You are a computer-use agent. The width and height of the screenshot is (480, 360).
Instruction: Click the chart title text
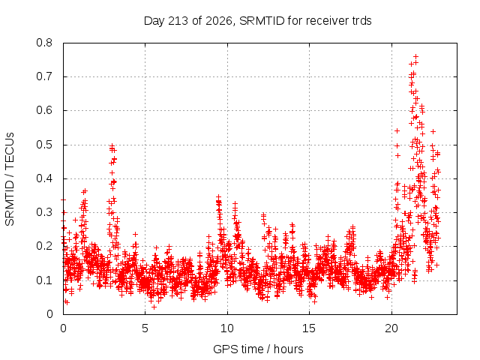pyautogui.click(x=257, y=21)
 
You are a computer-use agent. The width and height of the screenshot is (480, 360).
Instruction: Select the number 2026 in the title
pyautogui.click(x=218, y=21)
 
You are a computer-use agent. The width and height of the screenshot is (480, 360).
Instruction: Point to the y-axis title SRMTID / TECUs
pyautogui.click(x=10, y=179)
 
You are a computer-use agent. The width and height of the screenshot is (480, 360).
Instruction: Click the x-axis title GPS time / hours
pyautogui.click(x=258, y=349)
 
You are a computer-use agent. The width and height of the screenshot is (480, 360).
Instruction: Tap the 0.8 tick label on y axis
pyautogui.click(x=44, y=43)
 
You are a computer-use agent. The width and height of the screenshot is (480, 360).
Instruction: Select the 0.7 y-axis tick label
pyautogui.click(x=44, y=76)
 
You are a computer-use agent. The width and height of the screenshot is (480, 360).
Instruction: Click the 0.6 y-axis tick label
pyautogui.click(x=44, y=110)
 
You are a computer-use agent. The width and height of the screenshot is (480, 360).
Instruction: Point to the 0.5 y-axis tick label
pyautogui.click(x=44, y=145)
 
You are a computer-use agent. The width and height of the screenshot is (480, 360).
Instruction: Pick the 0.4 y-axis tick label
pyautogui.click(x=44, y=178)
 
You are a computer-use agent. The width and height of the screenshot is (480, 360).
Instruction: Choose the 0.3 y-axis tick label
pyautogui.click(x=44, y=212)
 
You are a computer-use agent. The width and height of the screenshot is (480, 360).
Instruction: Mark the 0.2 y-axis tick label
pyautogui.click(x=44, y=246)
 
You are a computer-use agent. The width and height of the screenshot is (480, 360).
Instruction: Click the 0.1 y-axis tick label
pyautogui.click(x=44, y=280)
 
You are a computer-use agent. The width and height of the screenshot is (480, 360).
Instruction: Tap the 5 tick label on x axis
pyautogui.click(x=145, y=328)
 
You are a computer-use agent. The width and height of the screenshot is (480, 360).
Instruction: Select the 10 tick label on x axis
pyautogui.click(x=227, y=328)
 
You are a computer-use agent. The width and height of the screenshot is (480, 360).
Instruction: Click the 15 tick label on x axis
pyautogui.click(x=309, y=328)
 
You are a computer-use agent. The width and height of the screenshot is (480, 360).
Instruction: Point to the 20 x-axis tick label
pyautogui.click(x=391, y=328)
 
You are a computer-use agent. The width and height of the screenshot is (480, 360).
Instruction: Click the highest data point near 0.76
pyautogui.click(x=415, y=57)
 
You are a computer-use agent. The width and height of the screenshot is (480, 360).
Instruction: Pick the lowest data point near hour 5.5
pyautogui.click(x=154, y=307)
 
